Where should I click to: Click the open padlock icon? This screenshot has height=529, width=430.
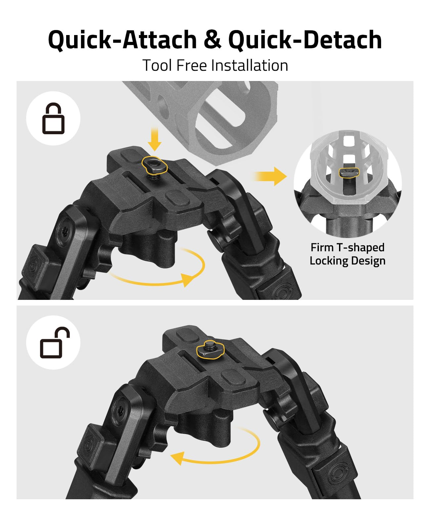[x=55, y=343]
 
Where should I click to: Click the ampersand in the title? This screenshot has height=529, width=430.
[x=212, y=39]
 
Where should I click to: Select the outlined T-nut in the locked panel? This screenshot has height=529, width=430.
[x=154, y=165]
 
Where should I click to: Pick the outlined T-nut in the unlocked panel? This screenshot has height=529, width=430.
[x=210, y=349]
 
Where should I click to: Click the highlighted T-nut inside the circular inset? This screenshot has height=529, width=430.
[x=349, y=172]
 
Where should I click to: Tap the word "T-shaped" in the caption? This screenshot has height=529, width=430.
[x=360, y=248]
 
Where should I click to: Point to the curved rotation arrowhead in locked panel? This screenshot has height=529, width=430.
[x=188, y=279]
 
